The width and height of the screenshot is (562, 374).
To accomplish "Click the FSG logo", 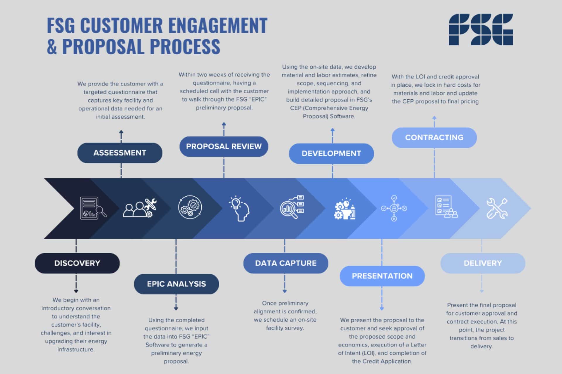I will pyautogui.click(x=481, y=30).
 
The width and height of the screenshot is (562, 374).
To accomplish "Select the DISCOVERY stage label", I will pyautogui.click(x=77, y=263).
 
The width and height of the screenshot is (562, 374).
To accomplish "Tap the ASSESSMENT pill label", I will pyautogui.click(x=120, y=153).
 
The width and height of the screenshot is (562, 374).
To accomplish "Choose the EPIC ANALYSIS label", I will pyautogui.click(x=177, y=284).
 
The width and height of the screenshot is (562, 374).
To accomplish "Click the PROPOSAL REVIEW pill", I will pyautogui.click(x=224, y=146).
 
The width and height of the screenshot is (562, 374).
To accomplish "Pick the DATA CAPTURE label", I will pyautogui.click(x=286, y=263).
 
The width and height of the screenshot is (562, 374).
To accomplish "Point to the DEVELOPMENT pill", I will pyautogui.click(x=331, y=153).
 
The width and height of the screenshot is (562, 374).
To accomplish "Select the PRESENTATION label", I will pyautogui.click(x=382, y=276).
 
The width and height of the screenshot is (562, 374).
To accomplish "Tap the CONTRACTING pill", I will pyautogui.click(x=434, y=138).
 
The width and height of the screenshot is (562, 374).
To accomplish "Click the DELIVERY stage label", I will pyautogui.click(x=483, y=263).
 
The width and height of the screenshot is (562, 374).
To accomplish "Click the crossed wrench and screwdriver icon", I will pyautogui.click(x=497, y=208).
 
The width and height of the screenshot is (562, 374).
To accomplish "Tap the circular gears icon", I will pyautogui.click(x=190, y=207).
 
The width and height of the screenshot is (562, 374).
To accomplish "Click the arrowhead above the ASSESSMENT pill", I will pyautogui.click(x=121, y=132).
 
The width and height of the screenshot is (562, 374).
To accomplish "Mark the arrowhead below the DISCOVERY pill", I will pyautogui.click(x=76, y=291).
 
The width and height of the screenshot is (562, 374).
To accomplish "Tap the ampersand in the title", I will pyautogui.click(x=52, y=47).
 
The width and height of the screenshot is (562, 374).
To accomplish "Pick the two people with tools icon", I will pyautogui.click(x=140, y=208).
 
